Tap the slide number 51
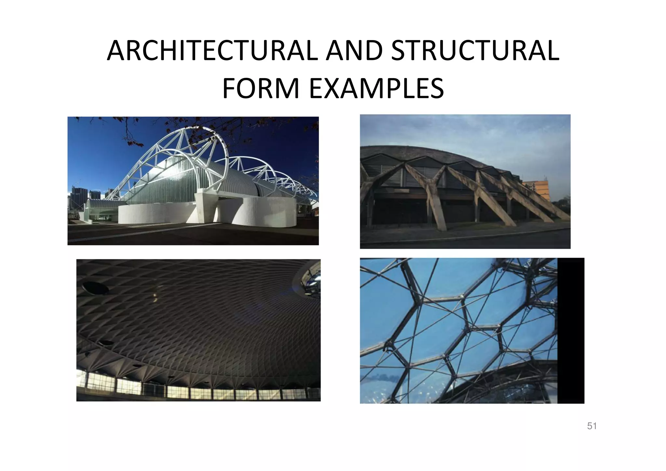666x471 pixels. [592, 426]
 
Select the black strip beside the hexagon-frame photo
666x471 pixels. [571, 330]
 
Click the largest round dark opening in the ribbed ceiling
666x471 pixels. [92, 286]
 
